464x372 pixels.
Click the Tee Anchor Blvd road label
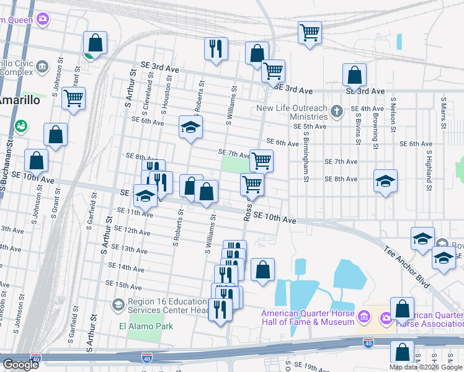tap(407, 267)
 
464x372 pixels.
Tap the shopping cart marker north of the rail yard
tap(310, 32)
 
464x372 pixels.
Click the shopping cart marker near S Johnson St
tap(73, 98)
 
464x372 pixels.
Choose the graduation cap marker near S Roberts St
tap(191, 128)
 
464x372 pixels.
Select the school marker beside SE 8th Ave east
tap(385, 181)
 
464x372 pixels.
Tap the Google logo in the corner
tap(20, 365)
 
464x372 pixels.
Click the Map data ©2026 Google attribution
tap(425, 367)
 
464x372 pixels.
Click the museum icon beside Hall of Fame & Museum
tap(364, 317)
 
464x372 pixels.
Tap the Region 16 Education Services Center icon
tap(118, 304)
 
